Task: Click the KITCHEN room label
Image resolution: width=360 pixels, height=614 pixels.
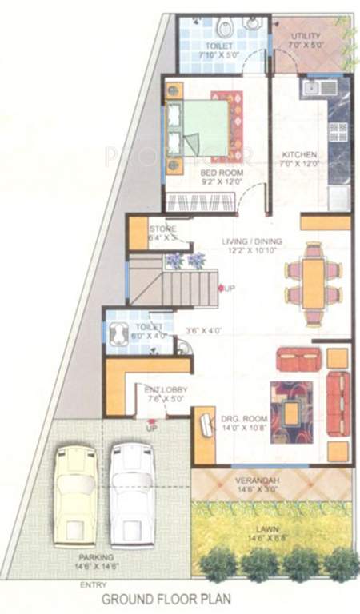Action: click(301, 154)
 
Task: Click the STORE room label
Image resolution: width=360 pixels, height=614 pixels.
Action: click(162, 229)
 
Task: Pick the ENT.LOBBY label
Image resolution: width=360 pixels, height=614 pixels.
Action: click(164, 389)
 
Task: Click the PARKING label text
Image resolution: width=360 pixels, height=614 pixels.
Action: click(96, 556)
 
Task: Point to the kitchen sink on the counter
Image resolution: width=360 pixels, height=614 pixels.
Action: click(310, 86)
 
